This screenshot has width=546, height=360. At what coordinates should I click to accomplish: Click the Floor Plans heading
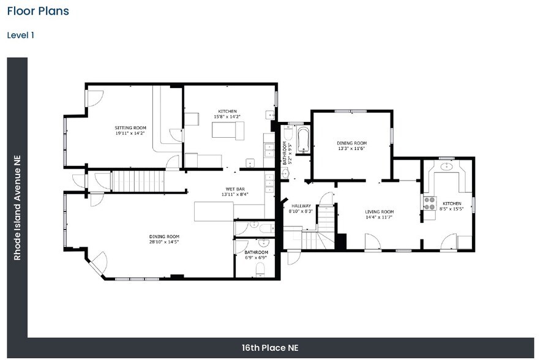point(38,11)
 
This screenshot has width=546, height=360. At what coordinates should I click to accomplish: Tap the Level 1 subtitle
point(21,35)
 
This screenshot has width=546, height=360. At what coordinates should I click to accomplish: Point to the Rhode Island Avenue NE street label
point(17,208)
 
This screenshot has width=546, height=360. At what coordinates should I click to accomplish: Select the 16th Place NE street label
point(270,348)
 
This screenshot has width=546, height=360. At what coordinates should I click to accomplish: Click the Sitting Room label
point(130,128)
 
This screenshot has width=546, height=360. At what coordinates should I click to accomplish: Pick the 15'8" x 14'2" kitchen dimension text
point(227,117)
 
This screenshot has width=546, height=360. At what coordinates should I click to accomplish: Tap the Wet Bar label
point(235,189)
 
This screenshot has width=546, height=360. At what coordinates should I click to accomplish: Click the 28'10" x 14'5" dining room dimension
point(164,242)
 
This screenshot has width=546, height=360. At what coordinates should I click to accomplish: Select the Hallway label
point(301,206)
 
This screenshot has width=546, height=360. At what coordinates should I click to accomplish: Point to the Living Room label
point(380,212)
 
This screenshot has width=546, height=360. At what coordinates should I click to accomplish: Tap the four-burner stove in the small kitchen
point(430,203)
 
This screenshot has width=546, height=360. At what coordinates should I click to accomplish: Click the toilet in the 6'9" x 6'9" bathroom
point(260,270)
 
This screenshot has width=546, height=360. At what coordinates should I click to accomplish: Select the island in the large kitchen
point(228,130)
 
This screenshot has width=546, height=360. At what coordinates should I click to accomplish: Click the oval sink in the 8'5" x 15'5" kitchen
point(446,167)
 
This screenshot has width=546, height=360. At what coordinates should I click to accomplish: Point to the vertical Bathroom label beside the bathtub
point(285,153)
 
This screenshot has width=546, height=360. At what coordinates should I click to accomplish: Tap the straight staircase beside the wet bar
point(138,181)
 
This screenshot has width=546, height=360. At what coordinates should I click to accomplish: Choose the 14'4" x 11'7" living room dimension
point(380,217)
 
